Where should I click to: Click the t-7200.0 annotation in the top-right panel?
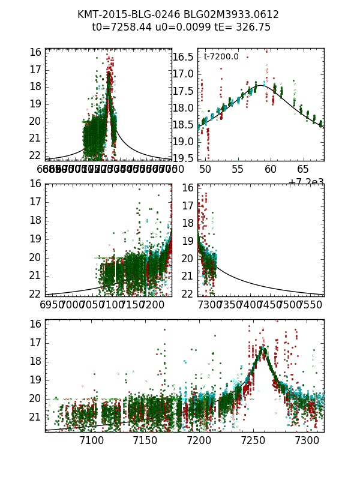(x=221, y=57)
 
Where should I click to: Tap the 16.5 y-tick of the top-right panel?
(x=184, y=57)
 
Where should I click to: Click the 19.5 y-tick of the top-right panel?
(x=184, y=158)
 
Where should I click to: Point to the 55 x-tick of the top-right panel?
(x=238, y=169)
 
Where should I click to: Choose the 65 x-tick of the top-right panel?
(x=304, y=169)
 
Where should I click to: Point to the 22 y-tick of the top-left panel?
(x=35, y=155)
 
